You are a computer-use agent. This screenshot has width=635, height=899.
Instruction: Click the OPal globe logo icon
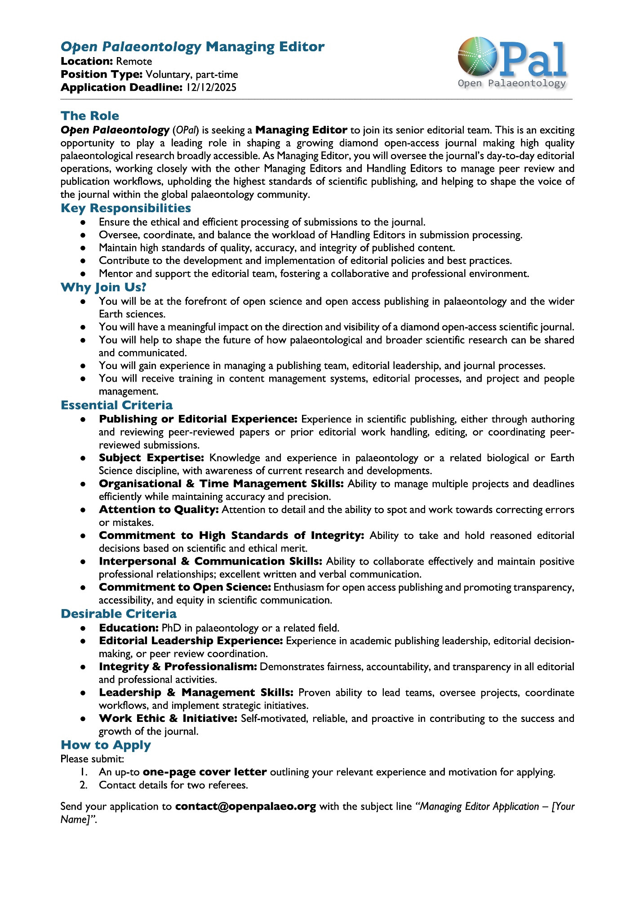pyautogui.click(x=478, y=57)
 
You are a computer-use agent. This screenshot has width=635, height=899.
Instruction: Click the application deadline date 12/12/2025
pyautogui.click(x=211, y=88)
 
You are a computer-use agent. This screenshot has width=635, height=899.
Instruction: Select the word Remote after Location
pyautogui.click(x=134, y=62)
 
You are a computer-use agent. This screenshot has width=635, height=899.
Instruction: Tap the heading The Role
pyautogui.click(x=90, y=116)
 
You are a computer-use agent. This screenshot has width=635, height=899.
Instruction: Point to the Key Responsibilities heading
pyautogui.click(x=126, y=208)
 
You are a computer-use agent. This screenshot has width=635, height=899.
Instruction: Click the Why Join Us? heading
pyautogui.click(x=104, y=287)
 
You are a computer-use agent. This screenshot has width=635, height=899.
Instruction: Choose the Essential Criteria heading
pyautogui.click(x=117, y=405)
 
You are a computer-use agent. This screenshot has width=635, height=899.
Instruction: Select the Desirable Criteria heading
pyautogui.click(x=119, y=614)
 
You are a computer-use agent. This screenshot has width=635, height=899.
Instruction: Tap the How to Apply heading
pyautogui.click(x=106, y=745)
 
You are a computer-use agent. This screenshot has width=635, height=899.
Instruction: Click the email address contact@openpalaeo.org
pyautogui.click(x=246, y=806)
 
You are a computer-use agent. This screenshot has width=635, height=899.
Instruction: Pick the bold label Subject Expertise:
pyautogui.click(x=151, y=458)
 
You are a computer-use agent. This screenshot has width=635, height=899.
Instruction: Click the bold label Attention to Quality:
pyautogui.click(x=159, y=510)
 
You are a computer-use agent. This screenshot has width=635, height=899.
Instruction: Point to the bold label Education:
pyautogui.click(x=129, y=628)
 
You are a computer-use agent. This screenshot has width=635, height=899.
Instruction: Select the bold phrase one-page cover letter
pyautogui.click(x=205, y=772)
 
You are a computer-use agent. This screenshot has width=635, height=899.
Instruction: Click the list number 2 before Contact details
pyautogui.click(x=83, y=785)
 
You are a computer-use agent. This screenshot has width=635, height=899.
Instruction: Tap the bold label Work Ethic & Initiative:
pyautogui.click(x=168, y=719)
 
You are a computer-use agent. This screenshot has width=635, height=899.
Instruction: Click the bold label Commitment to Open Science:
pyautogui.click(x=185, y=587)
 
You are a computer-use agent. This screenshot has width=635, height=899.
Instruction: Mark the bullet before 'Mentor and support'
pyautogui.click(x=83, y=274)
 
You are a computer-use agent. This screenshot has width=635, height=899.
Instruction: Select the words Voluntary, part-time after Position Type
pyautogui.click(x=192, y=75)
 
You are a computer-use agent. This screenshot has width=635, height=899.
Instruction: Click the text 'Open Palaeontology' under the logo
pyautogui.click(x=512, y=84)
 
